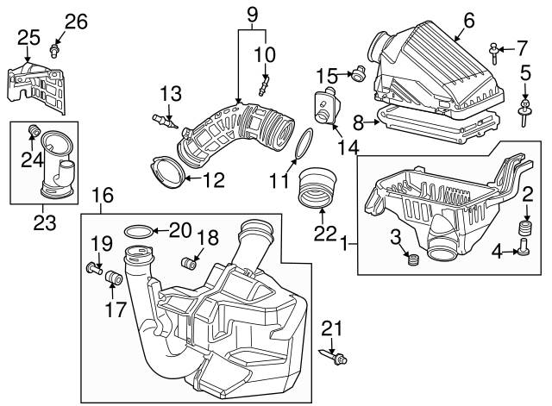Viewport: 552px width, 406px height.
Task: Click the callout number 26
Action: pos(76,21)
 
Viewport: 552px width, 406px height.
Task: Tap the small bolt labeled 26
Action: pos(56,50)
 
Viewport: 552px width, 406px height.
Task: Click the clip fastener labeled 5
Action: pos(524,109)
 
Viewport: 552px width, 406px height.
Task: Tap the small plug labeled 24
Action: pos(35,130)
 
